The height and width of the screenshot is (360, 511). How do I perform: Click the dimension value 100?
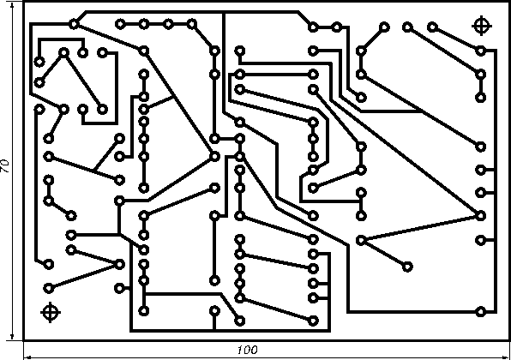click(x=247, y=350)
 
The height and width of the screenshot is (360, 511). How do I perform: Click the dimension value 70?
click(x=5, y=166)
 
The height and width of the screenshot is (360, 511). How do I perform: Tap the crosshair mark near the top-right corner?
click(x=482, y=26)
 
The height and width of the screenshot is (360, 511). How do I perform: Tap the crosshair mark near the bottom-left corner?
click(x=51, y=312)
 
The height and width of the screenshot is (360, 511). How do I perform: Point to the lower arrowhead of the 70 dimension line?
click(x=12, y=336)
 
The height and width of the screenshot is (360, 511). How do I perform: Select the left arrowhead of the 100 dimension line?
click(x=28, y=357)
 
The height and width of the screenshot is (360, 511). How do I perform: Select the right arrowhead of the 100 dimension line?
click(x=505, y=357)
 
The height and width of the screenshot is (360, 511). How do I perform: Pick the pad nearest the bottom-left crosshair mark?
click(x=49, y=288)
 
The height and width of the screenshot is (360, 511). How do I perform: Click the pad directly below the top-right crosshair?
click(x=481, y=51)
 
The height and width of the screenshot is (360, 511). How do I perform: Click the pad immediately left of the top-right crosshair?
click(x=432, y=27)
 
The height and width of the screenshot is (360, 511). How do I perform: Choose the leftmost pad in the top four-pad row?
click(x=120, y=24)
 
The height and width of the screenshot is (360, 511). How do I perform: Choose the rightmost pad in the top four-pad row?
click(x=192, y=24)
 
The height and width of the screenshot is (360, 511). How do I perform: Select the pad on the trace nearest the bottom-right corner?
click(x=481, y=311)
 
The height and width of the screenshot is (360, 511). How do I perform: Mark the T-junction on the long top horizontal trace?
click(x=224, y=12)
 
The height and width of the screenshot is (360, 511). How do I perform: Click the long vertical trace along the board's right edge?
click(x=496, y=181)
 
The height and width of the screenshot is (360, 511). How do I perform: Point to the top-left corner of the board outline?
click(x=23, y=2)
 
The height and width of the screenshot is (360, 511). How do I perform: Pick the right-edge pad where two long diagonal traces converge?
click(x=481, y=215)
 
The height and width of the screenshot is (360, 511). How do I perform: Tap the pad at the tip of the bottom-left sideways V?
click(x=120, y=264)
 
